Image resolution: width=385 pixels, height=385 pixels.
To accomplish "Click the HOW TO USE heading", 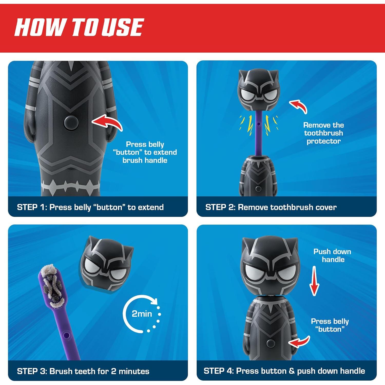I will (x=79, y=27).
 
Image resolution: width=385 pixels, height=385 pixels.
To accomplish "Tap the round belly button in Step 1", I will (x=71, y=122).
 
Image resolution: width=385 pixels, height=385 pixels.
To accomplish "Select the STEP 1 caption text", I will (x=90, y=207).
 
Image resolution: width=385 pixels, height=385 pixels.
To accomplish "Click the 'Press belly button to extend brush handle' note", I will (x=145, y=152).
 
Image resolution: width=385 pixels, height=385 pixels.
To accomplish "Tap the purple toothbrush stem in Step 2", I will (x=258, y=136).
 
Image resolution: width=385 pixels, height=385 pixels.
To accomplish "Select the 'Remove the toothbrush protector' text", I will (x=323, y=133).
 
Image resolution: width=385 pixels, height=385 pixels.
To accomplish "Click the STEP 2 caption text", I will (x=271, y=207).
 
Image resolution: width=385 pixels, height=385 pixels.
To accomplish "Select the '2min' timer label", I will (x=142, y=314).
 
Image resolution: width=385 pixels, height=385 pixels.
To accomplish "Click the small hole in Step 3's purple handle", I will (x=66, y=335).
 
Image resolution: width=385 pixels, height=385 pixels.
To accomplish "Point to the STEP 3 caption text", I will (x=83, y=371).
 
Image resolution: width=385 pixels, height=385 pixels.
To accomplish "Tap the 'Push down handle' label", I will (x=332, y=255).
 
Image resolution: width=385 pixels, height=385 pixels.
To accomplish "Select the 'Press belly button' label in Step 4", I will (x=330, y=325).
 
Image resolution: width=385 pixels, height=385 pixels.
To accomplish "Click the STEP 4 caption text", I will (x=284, y=371).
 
